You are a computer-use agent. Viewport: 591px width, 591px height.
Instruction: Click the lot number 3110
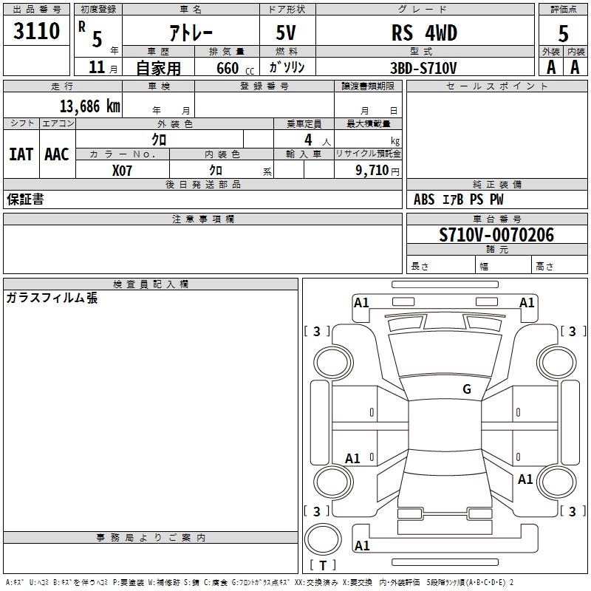point(37,31)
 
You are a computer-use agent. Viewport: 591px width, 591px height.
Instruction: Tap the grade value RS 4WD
point(424,33)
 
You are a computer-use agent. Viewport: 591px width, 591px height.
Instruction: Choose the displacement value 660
point(227,68)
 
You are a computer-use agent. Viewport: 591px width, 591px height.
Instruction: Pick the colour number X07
point(123,169)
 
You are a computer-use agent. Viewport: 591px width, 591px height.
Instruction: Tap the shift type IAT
point(21,154)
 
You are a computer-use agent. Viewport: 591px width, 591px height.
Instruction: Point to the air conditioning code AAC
point(57,154)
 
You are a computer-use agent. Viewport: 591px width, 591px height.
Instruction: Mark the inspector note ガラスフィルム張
point(52,298)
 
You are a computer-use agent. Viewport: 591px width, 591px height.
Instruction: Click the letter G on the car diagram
point(466,389)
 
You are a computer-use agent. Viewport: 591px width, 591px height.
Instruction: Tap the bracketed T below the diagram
point(323,565)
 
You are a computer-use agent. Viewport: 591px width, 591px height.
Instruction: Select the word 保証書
point(25,199)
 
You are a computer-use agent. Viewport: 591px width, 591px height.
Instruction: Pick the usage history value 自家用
point(158,68)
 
